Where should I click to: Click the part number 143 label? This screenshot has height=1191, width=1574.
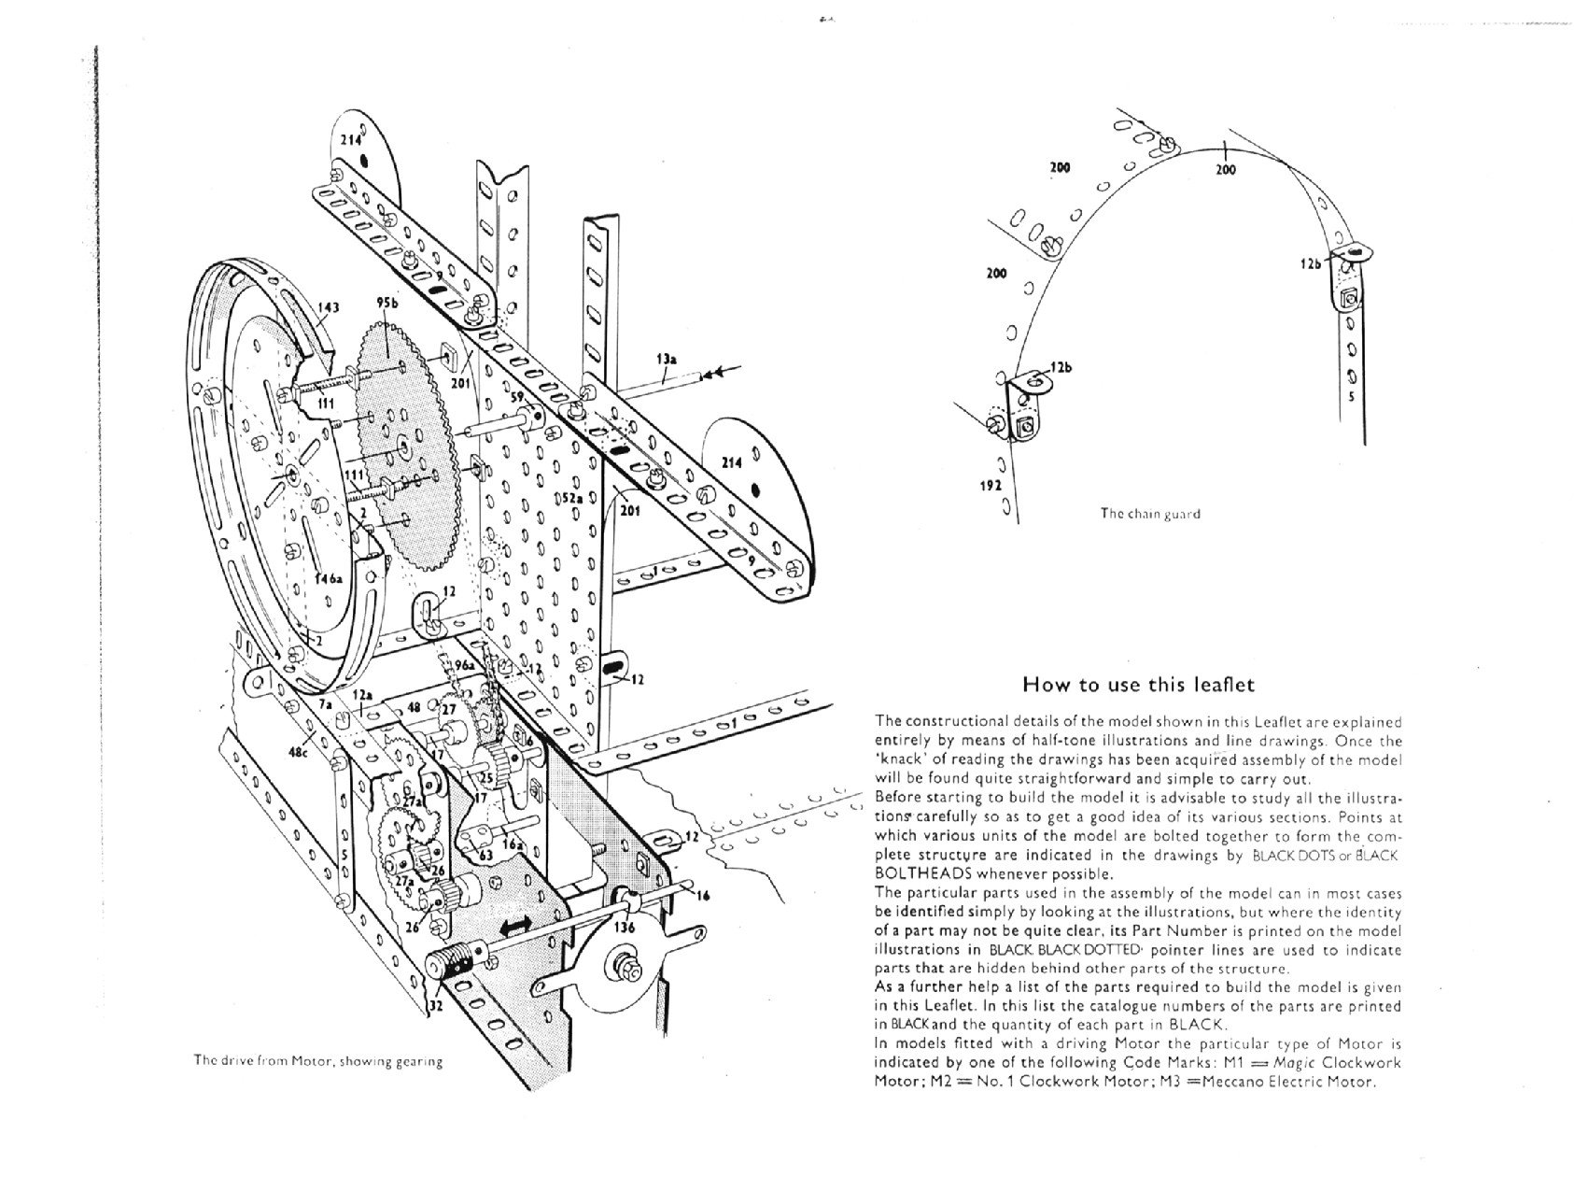tap(328, 308)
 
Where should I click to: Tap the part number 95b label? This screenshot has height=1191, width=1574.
tap(387, 302)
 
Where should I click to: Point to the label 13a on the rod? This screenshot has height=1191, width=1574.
tap(666, 358)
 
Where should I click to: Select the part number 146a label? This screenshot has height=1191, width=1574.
tap(328, 579)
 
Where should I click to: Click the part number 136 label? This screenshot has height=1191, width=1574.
tap(625, 928)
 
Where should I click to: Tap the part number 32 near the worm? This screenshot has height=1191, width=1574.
tap(435, 1006)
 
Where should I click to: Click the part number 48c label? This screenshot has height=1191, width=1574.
tap(298, 750)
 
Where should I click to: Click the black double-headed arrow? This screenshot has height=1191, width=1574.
tap(515, 925)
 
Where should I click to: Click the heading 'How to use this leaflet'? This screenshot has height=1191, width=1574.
tap(1139, 685)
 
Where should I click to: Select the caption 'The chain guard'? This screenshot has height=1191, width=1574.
tap(1150, 513)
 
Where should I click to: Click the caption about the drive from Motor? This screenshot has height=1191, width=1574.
tap(317, 1061)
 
